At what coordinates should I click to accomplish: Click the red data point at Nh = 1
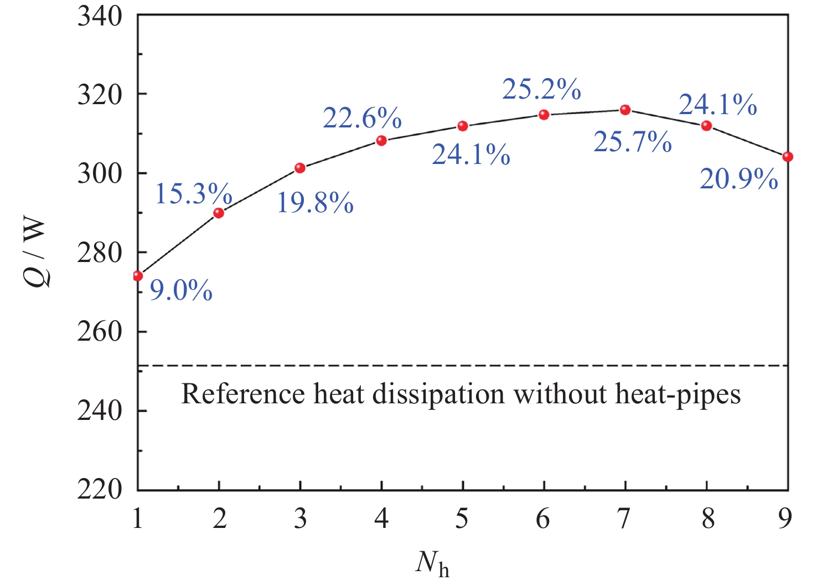138,276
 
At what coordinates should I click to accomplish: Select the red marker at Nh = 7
625,110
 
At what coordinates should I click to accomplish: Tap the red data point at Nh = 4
381,141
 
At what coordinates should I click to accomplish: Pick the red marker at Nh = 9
788,157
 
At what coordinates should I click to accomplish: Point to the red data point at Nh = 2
219,213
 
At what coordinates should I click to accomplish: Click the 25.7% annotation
632,142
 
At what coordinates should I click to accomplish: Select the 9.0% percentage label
181,290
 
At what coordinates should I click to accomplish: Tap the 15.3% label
193,194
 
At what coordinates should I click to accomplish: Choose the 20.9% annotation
738,179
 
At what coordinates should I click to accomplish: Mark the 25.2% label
541,89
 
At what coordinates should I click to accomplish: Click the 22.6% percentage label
362,118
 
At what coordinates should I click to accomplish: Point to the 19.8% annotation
315,203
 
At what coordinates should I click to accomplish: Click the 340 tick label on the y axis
100,17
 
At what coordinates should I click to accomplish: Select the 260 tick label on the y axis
100,332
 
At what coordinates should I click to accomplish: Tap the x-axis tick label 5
462,519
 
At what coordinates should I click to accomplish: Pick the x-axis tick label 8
707,519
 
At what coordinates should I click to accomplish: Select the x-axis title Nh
432,564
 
